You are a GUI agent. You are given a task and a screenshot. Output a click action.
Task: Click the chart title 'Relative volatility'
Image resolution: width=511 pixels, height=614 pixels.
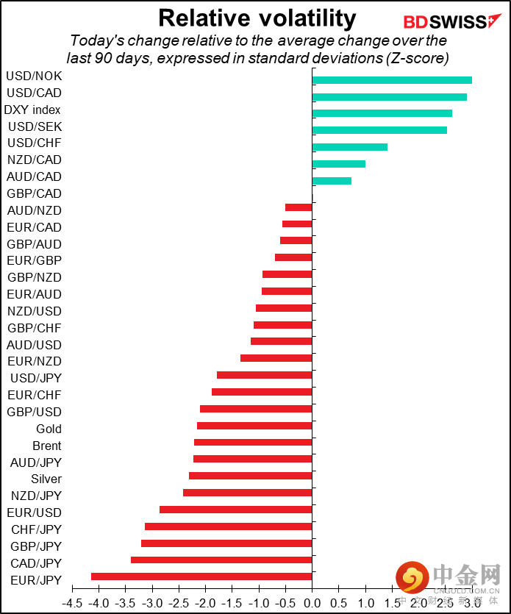pos(257,18)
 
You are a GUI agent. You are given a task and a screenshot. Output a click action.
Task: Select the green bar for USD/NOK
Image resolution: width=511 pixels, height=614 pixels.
pos(392,80)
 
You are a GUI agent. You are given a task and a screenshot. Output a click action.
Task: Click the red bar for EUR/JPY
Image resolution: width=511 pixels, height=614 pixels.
pos(201,576)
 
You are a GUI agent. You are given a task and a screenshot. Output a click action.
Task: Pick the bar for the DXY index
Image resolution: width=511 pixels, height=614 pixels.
pos(382,113)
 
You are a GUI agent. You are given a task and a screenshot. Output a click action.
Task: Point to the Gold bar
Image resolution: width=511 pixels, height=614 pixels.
pos(254,426)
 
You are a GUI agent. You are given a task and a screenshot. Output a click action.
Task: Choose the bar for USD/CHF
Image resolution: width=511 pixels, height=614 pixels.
pos(349,147)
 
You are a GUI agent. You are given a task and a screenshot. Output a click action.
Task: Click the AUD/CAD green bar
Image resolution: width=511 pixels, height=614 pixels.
pos(332,181)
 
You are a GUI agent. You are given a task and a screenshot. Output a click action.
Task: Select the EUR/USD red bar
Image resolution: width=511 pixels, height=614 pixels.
pos(236,510)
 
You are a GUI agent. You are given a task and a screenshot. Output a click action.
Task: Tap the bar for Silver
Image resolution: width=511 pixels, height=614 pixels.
pos(251,476)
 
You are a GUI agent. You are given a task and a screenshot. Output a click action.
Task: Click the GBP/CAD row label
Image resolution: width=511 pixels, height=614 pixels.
pos(34,193)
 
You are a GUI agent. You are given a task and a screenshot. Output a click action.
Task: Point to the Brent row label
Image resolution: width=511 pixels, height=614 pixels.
pos(46,446)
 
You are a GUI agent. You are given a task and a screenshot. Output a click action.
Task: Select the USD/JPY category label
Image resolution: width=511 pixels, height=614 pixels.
pos(36,378)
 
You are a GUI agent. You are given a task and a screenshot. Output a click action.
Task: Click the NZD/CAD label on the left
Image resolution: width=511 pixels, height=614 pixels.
pos(34,160)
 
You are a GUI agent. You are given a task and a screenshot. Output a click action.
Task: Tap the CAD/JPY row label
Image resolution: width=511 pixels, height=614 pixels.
pos(36,563)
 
